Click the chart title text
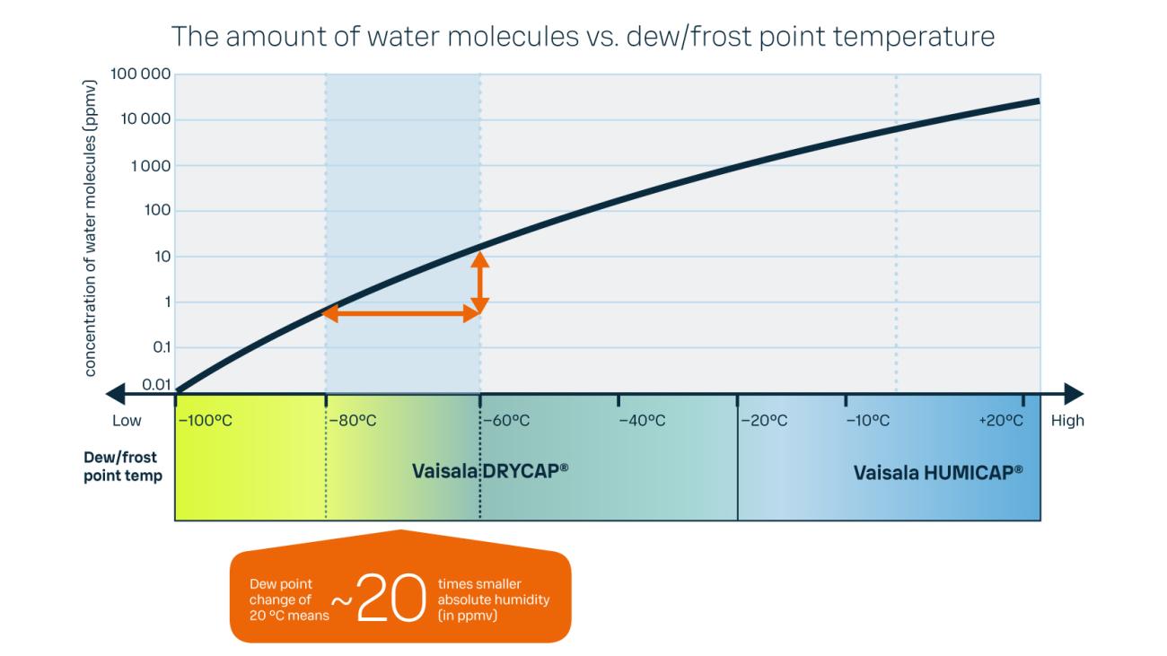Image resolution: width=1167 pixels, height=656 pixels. (583, 37)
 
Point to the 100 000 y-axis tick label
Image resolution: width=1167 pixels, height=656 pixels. (140, 74)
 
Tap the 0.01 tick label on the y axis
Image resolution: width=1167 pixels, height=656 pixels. (156, 385)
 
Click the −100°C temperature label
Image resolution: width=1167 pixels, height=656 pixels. (206, 421)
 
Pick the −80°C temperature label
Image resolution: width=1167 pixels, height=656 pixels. (353, 421)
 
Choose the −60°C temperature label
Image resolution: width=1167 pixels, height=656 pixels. (507, 421)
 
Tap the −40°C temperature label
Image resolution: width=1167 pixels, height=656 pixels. (642, 421)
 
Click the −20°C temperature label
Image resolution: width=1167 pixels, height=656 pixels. (764, 421)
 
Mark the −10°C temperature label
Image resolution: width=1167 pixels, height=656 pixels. (867, 421)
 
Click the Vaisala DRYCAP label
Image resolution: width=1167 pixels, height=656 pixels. (491, 470)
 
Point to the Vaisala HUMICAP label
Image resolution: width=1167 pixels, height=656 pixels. (938, 470)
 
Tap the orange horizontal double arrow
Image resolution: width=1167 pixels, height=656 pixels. (399, 314)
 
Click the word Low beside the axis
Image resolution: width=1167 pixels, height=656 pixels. (127, 421)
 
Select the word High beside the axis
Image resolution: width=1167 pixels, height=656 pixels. (1067, 421)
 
